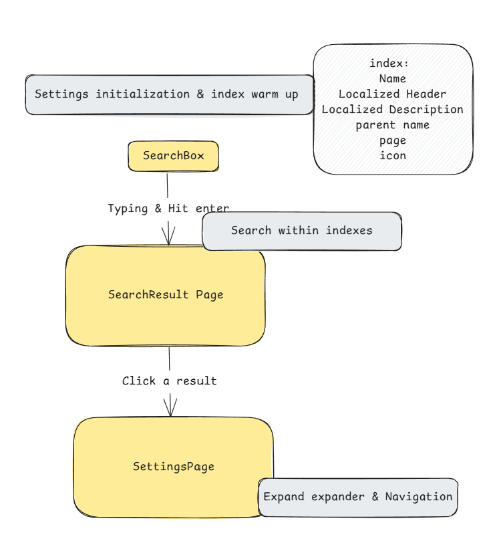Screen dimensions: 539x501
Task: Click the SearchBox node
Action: coord(173,156)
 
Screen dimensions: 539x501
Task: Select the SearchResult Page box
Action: coord(166,295)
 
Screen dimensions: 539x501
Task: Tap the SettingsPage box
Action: coord(173,467)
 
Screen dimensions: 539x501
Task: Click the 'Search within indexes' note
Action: coord(301,231)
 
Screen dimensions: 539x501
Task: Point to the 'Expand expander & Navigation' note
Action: coord(357,497)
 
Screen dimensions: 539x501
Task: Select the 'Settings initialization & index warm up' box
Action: coord(167,94)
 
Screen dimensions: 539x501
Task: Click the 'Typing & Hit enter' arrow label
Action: coord(168,209)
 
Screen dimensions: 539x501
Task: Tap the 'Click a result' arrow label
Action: coord(169,381)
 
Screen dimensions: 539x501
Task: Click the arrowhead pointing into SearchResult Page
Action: coord(168,237)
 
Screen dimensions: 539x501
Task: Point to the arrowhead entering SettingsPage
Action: coord(170,407)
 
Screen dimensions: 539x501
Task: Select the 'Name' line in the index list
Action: coord(392,79)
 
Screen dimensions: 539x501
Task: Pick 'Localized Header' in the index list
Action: coord(392,94)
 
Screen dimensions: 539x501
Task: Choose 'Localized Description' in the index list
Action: coord(392,110)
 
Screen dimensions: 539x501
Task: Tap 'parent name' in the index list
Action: coord(392,125)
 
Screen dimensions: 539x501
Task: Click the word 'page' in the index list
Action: coord(392,141)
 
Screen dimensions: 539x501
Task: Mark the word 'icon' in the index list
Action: coord(392,156)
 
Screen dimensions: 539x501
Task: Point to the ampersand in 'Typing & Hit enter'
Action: coord(158,209)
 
